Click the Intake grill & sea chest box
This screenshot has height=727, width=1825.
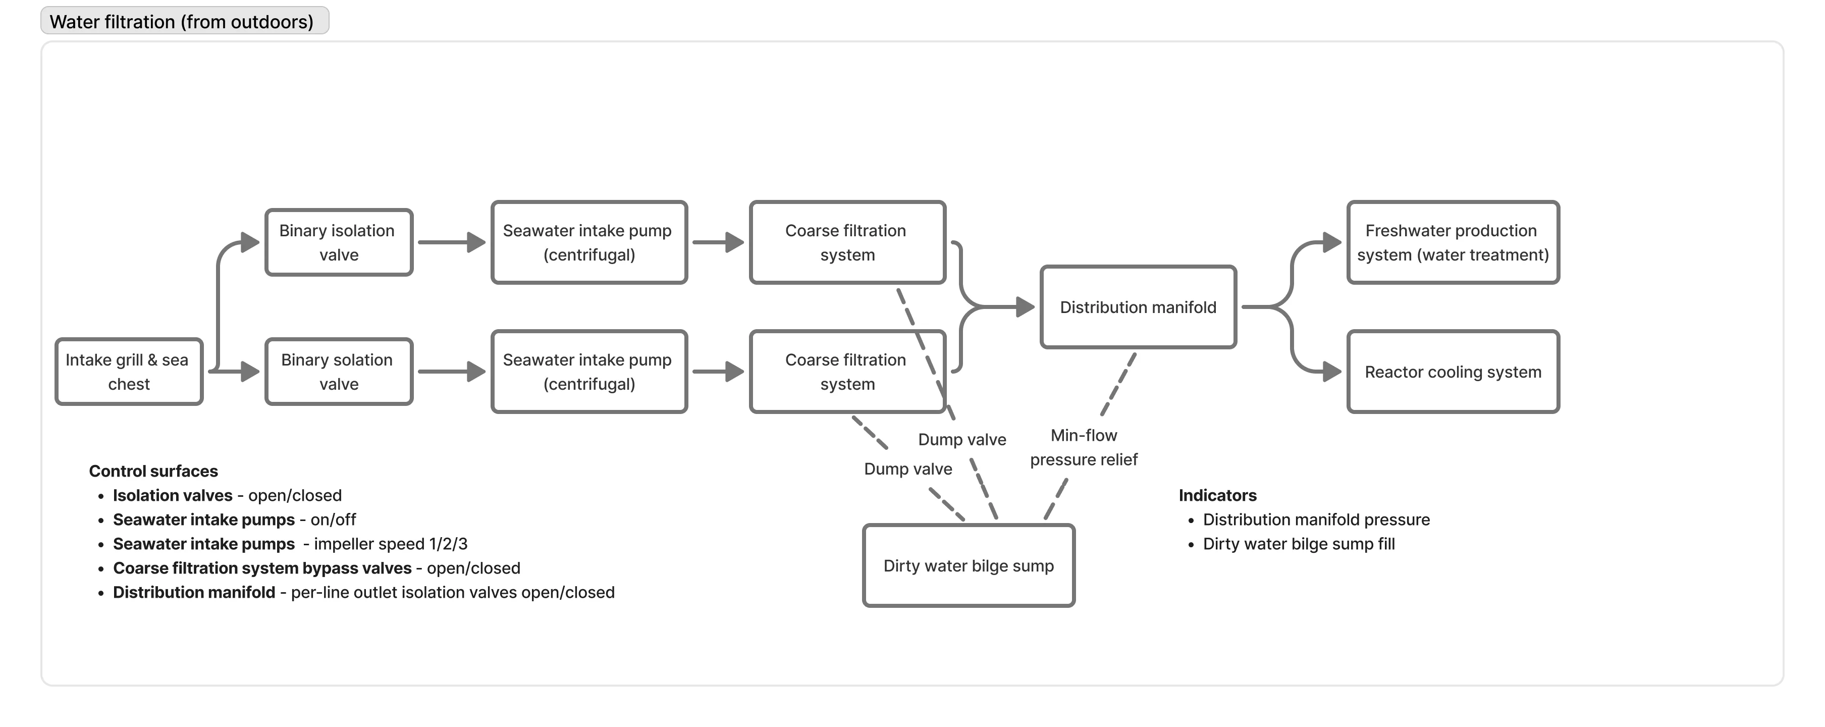[129, 372]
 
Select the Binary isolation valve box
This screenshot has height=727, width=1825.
[339, 242]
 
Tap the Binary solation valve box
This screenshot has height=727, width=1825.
[339, 372]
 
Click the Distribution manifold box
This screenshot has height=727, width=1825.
[1138, 307]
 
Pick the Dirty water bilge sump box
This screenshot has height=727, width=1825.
[969, 565]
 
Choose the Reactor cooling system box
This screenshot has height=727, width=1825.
[1453, 372]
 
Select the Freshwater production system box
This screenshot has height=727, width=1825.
[1453, 242]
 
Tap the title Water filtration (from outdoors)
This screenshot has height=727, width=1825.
[181, 22]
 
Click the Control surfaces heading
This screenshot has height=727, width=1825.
[153, 471]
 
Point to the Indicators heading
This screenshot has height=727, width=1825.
[1217, 495]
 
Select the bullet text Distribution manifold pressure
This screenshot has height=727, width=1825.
[1316, 520]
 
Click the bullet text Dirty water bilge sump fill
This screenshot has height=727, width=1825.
[1298, 544]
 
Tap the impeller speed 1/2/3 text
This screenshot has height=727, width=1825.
[390, 544]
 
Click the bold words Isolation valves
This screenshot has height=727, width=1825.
[172, 495]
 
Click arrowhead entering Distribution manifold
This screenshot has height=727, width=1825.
[1025, 307]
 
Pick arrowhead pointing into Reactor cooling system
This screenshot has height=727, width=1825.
[1332, 372]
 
